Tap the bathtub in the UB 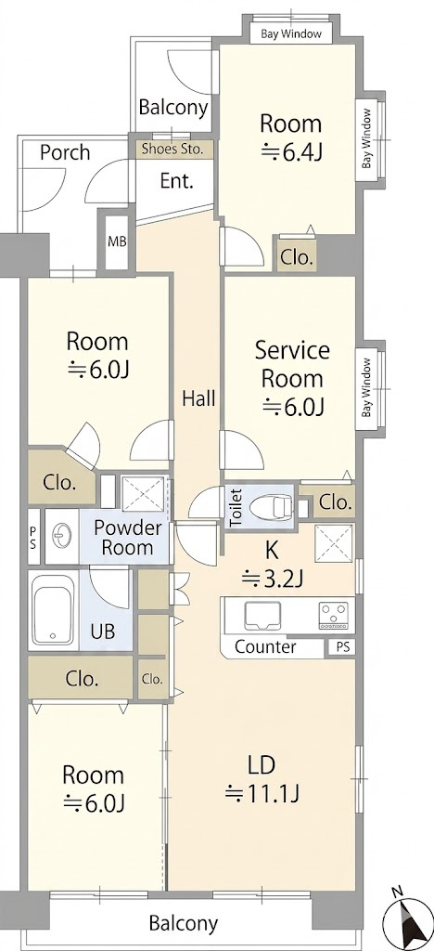point(53,611)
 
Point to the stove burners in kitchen point(334,615)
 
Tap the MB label point(117,241)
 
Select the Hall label point(199,399)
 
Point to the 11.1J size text point(262,792)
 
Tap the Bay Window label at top point(291,34)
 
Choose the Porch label point(65,152)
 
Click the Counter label point(265,646)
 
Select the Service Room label point(292,364)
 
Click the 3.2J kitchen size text point(272,580)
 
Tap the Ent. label point(177,181)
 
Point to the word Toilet point(236,506)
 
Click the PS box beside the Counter point(342,647)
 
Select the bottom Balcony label point(183,924)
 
